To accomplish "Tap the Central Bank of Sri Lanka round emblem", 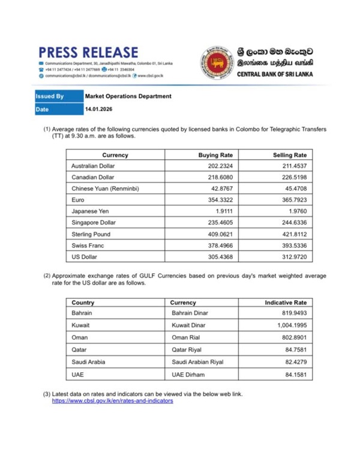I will (x=216, y=64).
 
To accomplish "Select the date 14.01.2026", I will (x=99, y=110).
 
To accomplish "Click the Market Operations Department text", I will (x=128, y=96).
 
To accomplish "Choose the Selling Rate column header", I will (x=290, y=155).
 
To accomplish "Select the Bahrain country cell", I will (x=82, y=313).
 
